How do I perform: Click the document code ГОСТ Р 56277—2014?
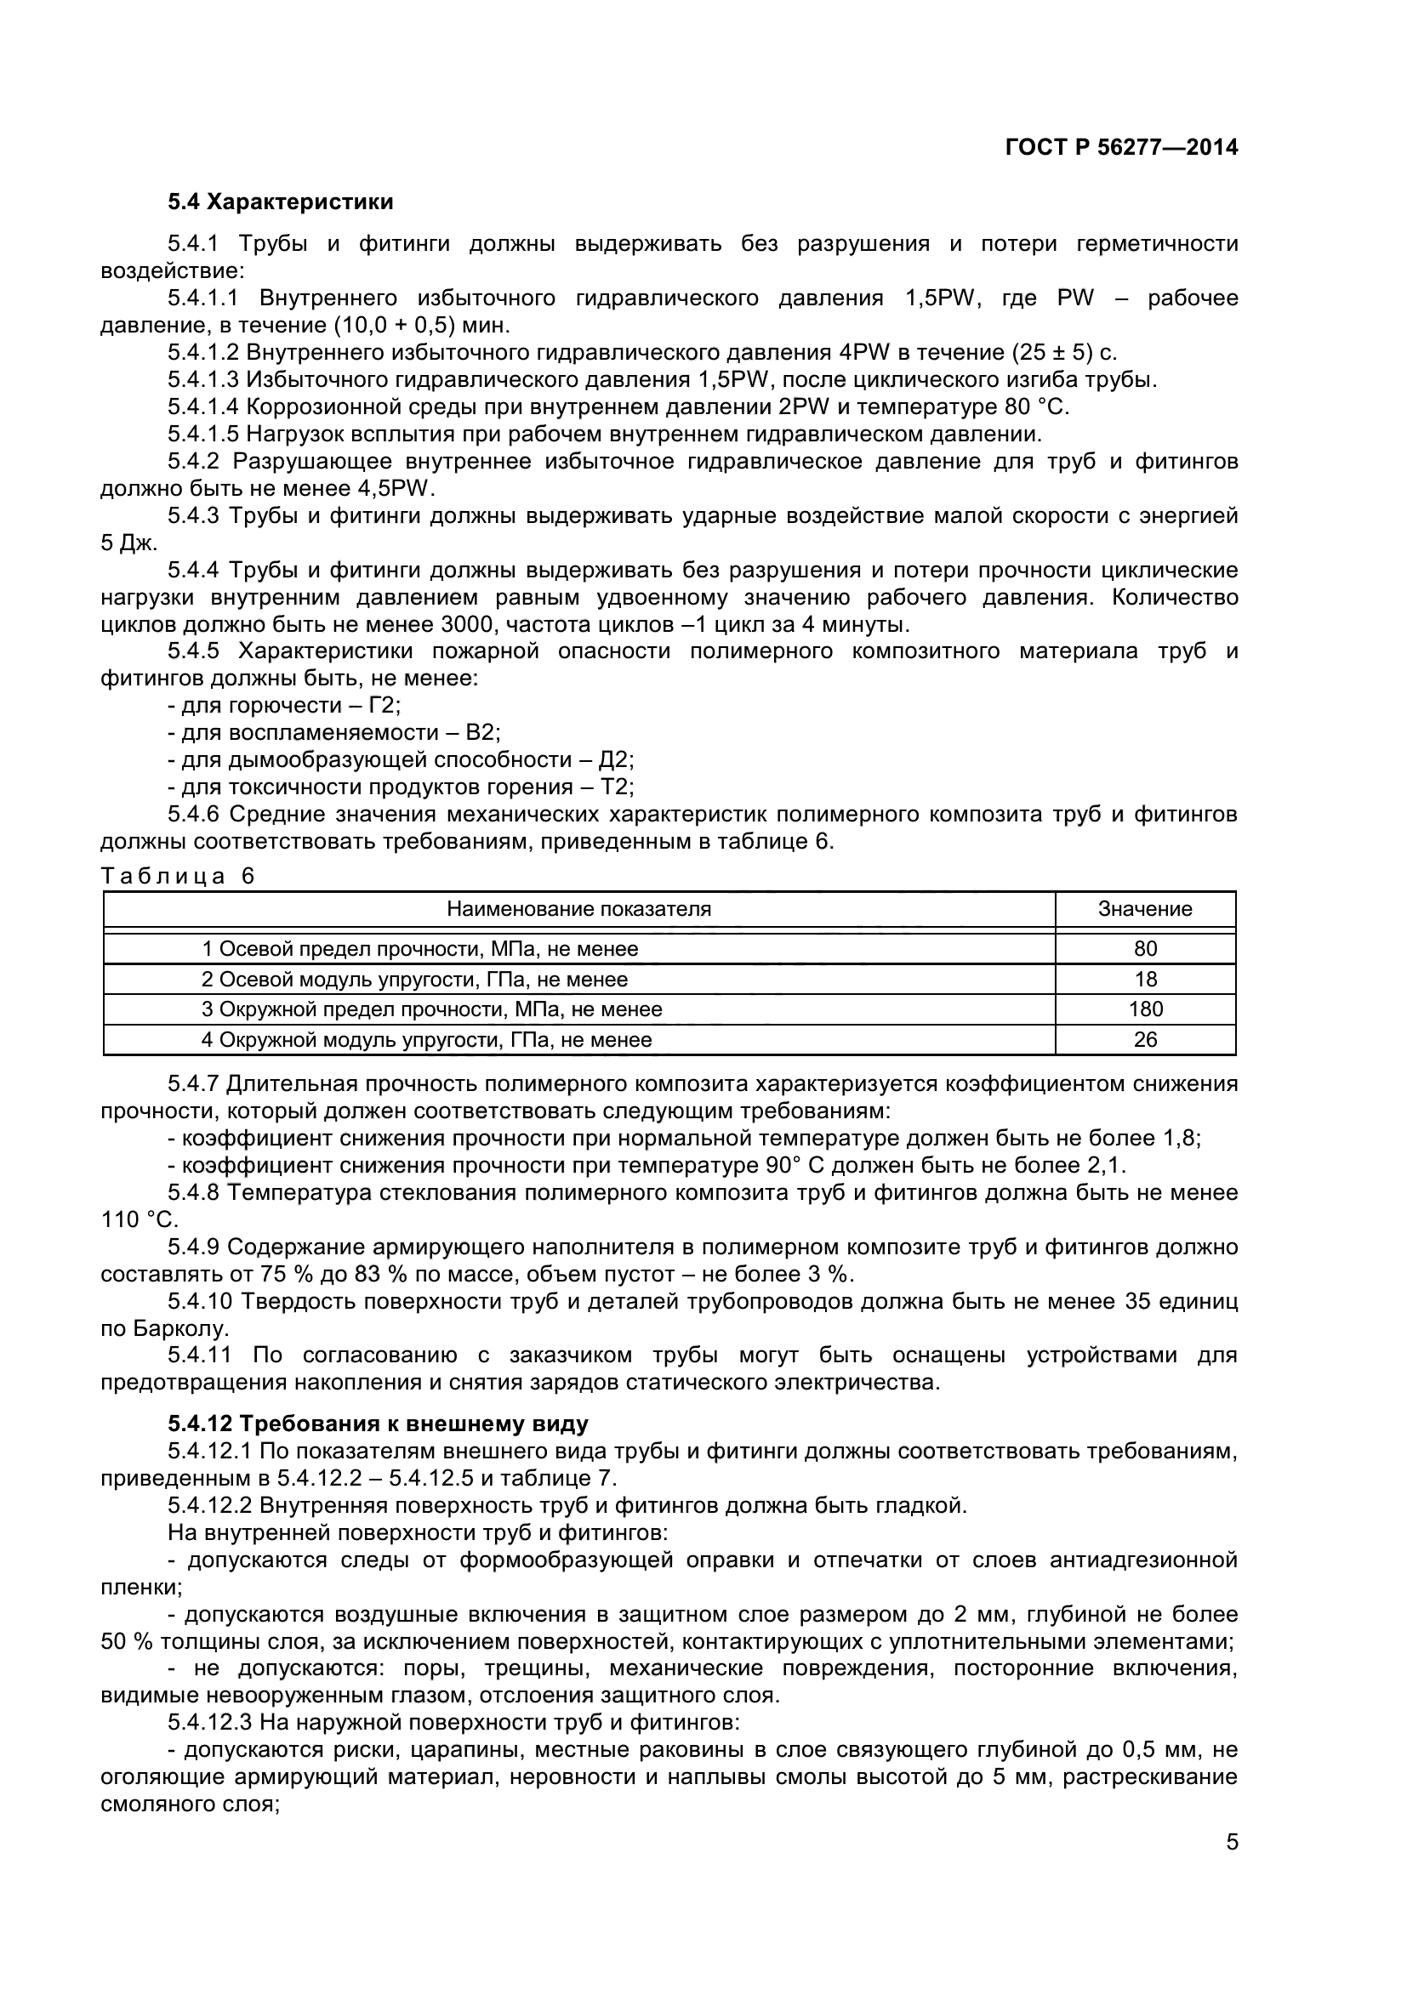(x=1121, y=147)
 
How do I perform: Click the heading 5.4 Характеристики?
(x=281, y=202)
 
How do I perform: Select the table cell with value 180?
(x=1144, y=1009)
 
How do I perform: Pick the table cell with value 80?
(x=1144, y=949)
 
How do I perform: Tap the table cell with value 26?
(x=1144, y=1039)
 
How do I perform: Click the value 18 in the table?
(x=1144, y=979)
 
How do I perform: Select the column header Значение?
(x=1144, y=909)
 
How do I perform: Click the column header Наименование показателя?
(x=578, y=909)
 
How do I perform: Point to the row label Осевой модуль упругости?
(x=414, y=979)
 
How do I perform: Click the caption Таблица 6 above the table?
(x=178, y=876)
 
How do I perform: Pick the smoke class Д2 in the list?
(x=616, y=759)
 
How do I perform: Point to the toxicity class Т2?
(x=618, y=787)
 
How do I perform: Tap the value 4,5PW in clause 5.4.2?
(x=396, y=489)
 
